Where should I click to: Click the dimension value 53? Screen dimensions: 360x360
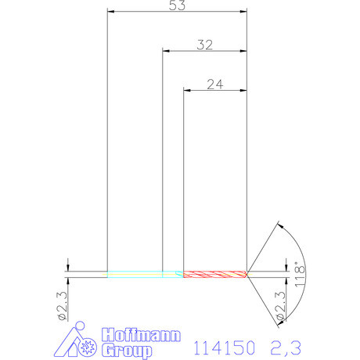click(176, 5)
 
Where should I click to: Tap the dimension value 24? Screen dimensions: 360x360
click(215, 84)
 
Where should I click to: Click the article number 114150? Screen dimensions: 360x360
click(223, 346)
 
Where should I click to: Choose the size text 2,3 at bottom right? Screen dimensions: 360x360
click(285, 346)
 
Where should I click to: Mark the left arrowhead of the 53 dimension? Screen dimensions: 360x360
click(110, 12)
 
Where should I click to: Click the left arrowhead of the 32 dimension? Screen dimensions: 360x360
click(165, 51)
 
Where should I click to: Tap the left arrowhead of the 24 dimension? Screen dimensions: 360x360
click(186, 91)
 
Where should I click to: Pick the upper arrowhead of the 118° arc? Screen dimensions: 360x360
click(277, 226)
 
